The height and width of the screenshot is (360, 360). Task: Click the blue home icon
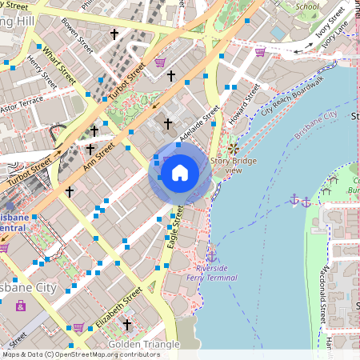click(179, 172)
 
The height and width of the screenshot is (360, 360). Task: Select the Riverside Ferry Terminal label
click(211, 272)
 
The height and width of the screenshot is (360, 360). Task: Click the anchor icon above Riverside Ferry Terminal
click(211, 255)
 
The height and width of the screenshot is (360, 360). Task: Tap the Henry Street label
click(41, 72)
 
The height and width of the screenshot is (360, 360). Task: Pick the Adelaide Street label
click(199, 126)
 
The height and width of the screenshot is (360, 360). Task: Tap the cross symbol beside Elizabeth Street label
click(127, 324)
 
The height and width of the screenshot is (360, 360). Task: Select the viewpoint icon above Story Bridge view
click(233, 150)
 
